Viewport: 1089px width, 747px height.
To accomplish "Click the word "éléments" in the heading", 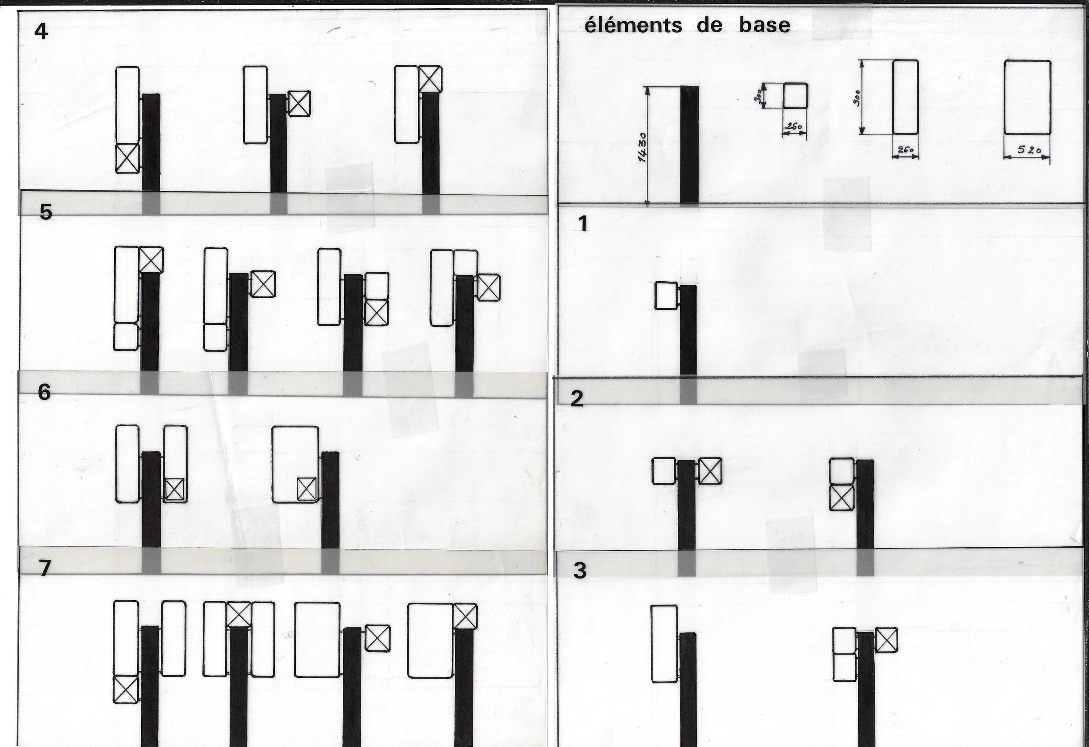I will tap(633, 25).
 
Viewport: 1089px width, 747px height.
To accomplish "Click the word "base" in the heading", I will tap(765, 25).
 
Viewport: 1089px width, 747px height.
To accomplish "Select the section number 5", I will tap(45, 212).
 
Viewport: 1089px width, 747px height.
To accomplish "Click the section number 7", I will tap(44, 568).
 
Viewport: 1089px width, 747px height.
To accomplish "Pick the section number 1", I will tap(583, 224).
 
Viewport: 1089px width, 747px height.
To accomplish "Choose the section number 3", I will tap(580, 571).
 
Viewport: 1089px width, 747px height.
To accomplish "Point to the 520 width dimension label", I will tap(1029, 150).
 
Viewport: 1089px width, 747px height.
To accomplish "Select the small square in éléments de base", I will tap(795, 96).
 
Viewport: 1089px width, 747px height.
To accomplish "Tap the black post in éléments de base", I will tap(689, 145).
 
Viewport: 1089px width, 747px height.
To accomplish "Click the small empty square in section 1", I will tap(666, 296).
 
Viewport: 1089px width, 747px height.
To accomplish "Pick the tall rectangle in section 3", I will tap(664, 643).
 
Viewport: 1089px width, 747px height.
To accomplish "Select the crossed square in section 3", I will tap(886, 640).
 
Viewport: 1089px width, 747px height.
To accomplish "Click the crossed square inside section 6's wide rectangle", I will tap(307, 489).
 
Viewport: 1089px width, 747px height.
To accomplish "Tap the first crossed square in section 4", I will tap(128, 158).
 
